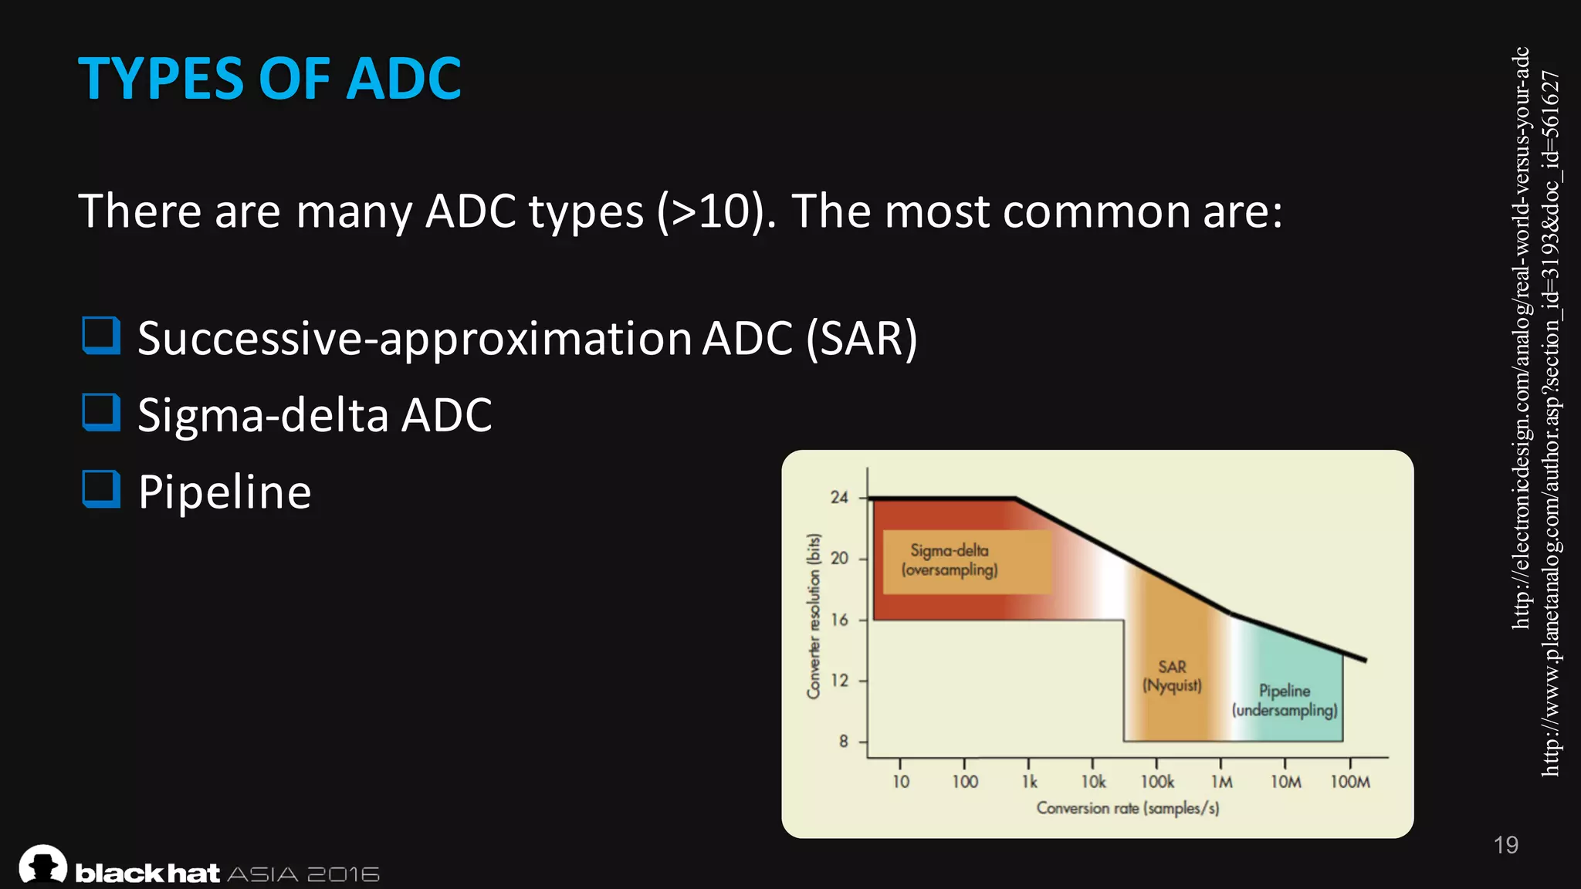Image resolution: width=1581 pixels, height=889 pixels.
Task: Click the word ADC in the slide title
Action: pos(403,79)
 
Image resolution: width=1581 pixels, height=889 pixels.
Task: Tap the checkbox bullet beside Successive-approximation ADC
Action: pos(101,336)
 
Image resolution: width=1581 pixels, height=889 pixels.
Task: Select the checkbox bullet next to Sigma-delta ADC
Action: pos(101,412)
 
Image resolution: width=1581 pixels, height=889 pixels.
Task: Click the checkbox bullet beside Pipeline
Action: pos(101,489)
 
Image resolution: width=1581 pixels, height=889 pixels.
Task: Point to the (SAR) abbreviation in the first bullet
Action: pos(862,338)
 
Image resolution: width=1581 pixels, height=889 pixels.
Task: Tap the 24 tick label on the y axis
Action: pos(839,498)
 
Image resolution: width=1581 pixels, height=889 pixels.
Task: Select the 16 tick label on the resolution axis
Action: pos(839,620)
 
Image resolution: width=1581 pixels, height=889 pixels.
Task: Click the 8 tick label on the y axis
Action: pos(843,742)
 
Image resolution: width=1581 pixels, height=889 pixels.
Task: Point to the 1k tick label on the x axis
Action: pos(1030,782)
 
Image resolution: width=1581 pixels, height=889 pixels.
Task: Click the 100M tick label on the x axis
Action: pos(1350,782)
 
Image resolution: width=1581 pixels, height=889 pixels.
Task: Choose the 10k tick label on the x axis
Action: pos(1093,782)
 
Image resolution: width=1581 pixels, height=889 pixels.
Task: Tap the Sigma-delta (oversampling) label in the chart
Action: pos(950,560)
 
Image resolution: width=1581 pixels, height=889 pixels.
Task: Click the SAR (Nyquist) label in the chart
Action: pos(1172,676)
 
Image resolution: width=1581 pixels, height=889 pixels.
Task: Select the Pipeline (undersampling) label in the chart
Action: pos(1285,701)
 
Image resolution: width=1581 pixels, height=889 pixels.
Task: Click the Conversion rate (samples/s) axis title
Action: pos(1128,808)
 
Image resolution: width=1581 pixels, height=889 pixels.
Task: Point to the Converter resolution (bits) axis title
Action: pos(813,616)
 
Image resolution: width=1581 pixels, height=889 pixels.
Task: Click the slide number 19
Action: pos(1505,845)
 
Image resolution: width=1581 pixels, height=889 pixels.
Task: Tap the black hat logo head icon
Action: pos(42,864)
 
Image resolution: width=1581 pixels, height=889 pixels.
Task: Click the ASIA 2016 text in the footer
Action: pos(303,874)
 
